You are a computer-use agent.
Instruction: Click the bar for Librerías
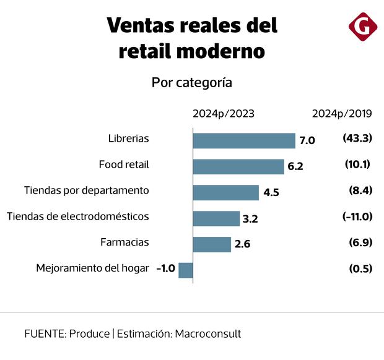pos(244,140)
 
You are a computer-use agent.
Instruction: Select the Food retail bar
pos(238,166)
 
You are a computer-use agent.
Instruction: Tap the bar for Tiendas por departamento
pos(225,192)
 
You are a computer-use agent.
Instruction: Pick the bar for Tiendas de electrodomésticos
pos(216,218)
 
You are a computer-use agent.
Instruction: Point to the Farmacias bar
pos(212,244)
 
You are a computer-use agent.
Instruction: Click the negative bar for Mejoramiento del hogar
pos(186,270)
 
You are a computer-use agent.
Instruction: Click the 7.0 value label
pos(307,140)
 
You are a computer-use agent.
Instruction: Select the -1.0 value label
pos(166,269)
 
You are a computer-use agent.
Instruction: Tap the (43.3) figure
pos(357,139)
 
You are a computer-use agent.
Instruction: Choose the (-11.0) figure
pos(357,216)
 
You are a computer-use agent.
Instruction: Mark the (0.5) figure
pos(360,268)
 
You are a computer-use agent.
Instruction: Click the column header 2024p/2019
pos(341,113)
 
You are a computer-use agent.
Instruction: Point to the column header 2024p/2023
pos(223,113)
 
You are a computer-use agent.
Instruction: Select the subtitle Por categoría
pos(192,83)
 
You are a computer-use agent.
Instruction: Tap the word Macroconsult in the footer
pos(208,333)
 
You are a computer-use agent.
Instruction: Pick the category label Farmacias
pos(124,242)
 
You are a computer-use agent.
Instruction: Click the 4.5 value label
pos(271,192)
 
